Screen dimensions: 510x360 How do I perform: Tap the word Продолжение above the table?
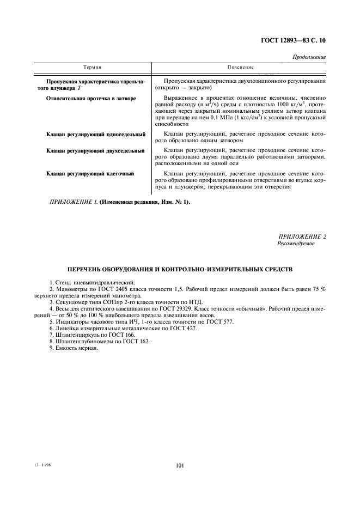(309, 57)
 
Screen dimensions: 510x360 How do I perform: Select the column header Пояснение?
(241, 67)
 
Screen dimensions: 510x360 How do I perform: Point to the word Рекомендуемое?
(296, 244)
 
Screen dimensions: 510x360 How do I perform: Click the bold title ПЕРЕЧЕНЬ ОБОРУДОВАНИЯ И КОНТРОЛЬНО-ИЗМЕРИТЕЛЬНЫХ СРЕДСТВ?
(180, 269)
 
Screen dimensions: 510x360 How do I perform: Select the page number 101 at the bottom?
(180, 466)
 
